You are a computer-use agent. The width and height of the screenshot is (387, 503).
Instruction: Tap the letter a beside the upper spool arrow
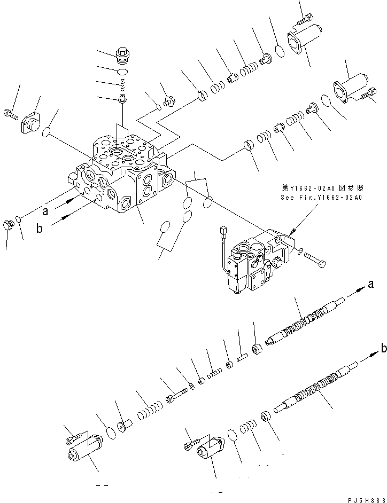pyautogui.click(x=369, y=285)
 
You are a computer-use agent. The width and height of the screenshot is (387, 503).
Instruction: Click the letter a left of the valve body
pyautogui.click(x=46, y=211)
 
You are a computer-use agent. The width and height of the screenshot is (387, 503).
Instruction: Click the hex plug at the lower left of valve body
pyautogui.click(x=8, y=224)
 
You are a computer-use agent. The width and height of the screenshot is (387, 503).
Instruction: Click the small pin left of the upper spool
pyautogui.click(x=240, y=353)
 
